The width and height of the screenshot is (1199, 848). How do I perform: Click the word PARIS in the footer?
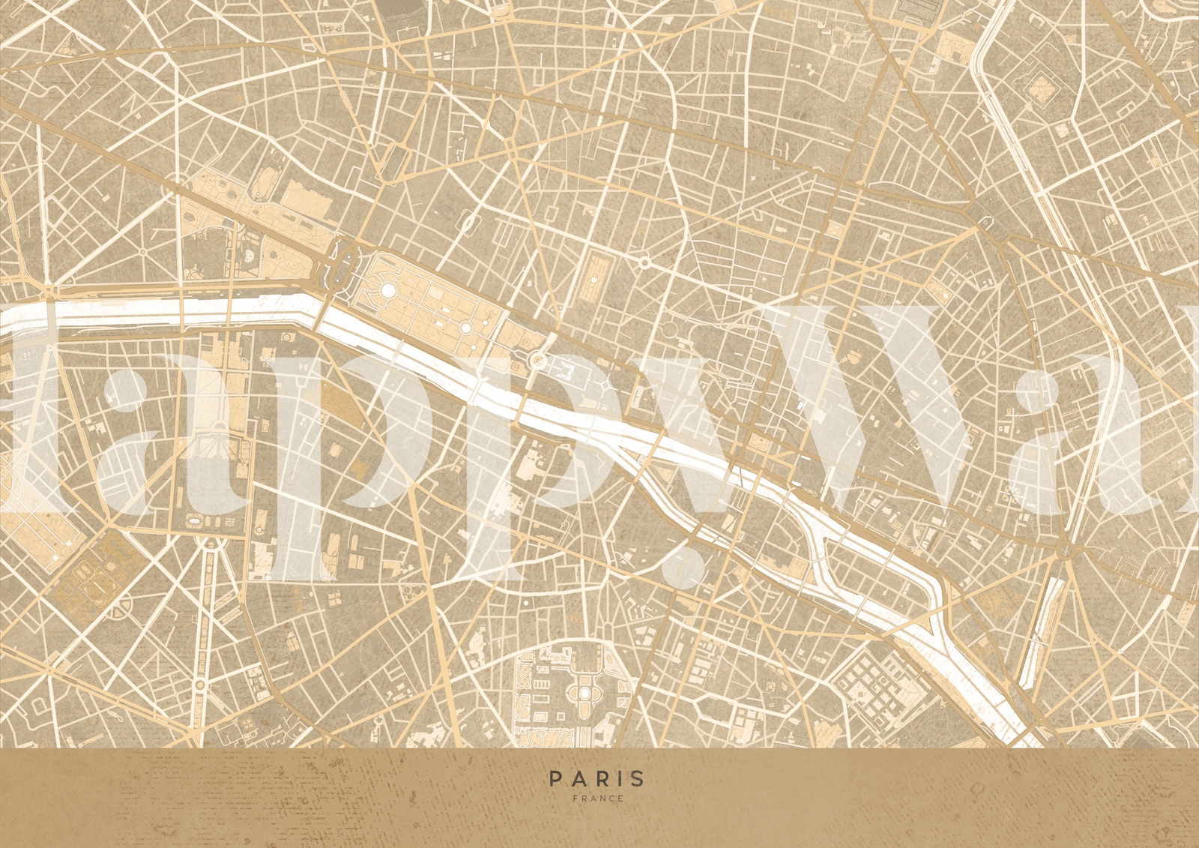tap(597, 779)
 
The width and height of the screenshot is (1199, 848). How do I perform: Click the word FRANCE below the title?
tap(597, 799)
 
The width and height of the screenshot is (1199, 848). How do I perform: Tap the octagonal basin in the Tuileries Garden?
tap(387, 289)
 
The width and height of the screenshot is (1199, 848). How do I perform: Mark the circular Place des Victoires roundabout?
tap(644, 262)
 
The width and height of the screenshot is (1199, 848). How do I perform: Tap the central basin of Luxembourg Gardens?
tap(584, 694)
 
